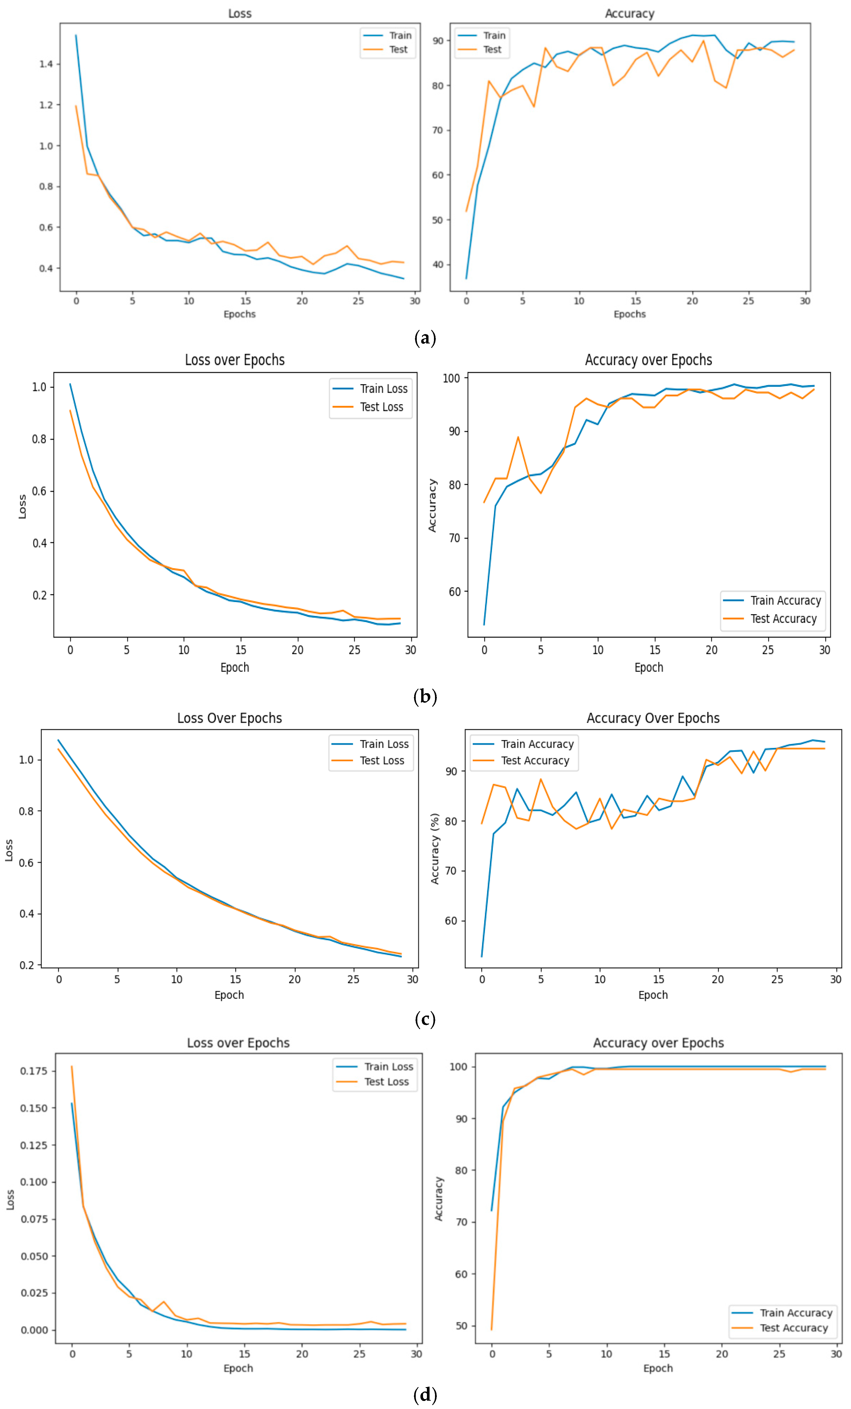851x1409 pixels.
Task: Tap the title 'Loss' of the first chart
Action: coord(239,13)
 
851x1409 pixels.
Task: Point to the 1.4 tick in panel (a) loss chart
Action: coord(46,64)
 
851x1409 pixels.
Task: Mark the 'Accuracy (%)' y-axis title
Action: coord(435,849)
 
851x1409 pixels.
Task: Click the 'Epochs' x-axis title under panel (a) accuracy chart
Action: coord(629,314)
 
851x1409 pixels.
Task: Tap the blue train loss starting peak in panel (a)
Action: coord(76,35)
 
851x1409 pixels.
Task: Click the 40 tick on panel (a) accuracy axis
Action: coord(438,264)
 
